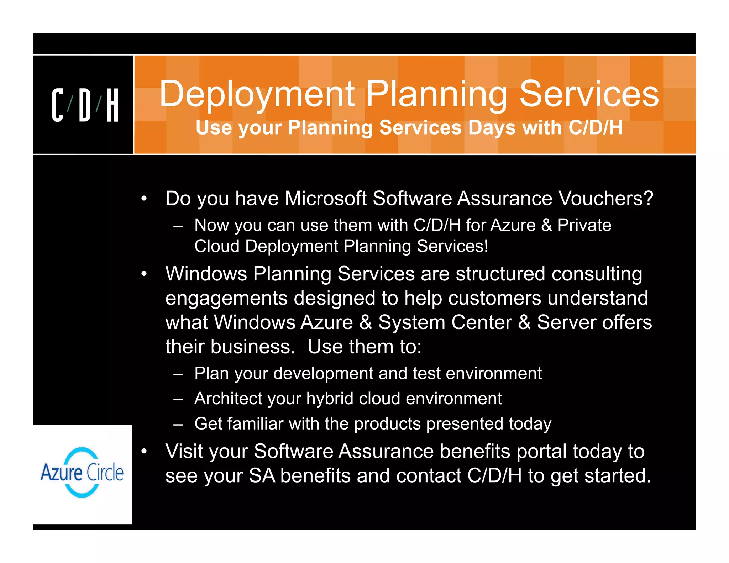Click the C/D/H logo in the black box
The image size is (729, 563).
tap(85, 105)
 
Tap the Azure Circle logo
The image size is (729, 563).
tap(82, 473)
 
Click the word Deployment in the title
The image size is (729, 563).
tap(257, 95)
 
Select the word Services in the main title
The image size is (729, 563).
tap(589, 94)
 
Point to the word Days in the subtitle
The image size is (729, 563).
tap(492, 128)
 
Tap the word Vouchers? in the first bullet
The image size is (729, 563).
tap(605, 198)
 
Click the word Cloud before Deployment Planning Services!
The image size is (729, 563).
tap(217, 246)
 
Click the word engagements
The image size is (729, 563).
tap(226, 298)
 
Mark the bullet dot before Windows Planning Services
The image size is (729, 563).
tap(144, 274)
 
